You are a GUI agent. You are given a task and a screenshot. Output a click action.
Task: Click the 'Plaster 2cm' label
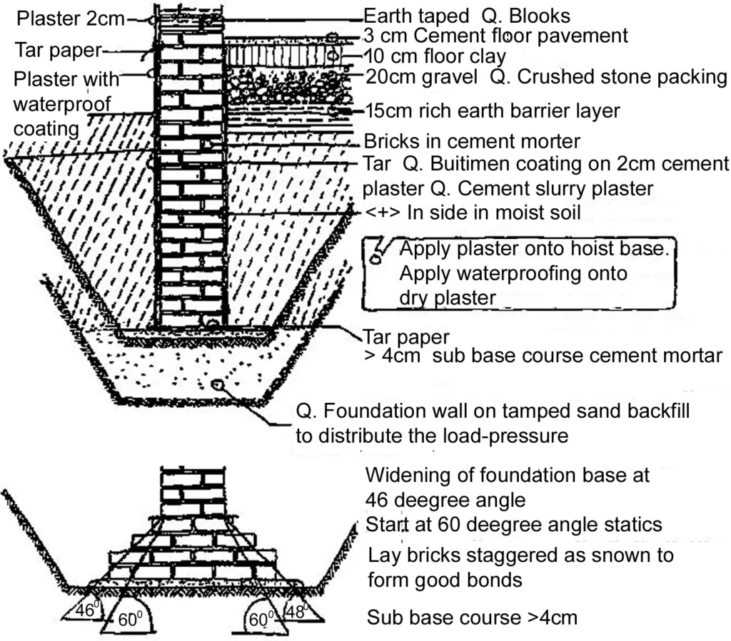[64, 19]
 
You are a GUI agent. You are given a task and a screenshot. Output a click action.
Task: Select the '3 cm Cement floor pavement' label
[495, 35]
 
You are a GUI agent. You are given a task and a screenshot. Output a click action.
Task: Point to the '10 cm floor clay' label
[435, 55]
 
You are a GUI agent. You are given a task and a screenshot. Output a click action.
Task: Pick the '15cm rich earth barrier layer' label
[492, 111]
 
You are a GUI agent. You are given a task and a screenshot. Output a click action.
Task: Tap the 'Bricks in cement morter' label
[472, 141]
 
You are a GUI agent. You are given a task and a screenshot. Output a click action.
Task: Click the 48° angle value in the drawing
[295, 611]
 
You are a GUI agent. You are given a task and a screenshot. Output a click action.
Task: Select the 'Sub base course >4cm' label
[472, 617]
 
